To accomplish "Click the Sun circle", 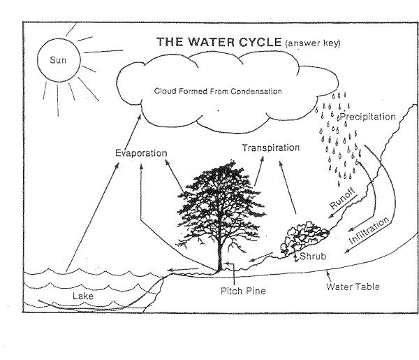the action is [38, 60].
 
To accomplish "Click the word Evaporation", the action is [141, 153].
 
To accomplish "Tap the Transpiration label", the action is [271, 148].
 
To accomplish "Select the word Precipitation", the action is [368, 117].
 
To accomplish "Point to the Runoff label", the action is [342, 199].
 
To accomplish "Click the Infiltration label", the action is [369, 230].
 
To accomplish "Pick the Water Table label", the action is [353, 287].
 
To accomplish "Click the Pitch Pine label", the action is [243, 291].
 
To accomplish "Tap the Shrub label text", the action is [313, 257].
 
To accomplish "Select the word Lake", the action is [83, 296].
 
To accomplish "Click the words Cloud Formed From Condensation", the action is [218, 91].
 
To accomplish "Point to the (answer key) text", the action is [313, 43].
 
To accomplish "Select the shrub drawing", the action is [304, 238].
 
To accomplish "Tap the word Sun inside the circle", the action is [58, 60].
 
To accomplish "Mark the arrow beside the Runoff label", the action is [343, 207].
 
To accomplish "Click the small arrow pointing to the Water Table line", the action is [328, 276].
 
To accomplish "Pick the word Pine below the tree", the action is [255, 291].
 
